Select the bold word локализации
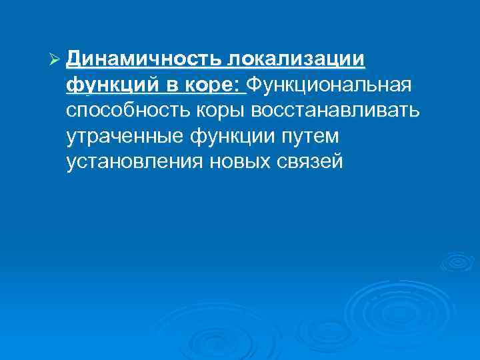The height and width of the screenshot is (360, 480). click(297, 61)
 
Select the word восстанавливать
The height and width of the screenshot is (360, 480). click(344, 110)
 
